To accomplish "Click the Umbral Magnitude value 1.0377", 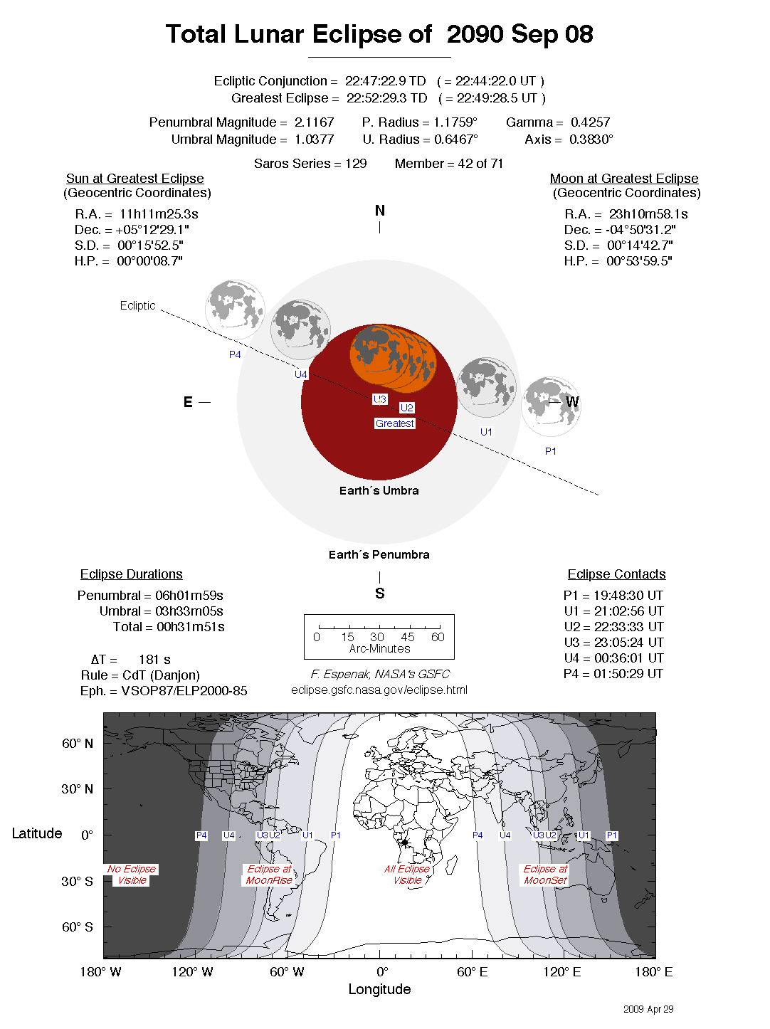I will coord(314,139).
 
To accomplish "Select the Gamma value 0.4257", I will coord(590,122).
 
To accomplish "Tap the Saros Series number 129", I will coord(356,164).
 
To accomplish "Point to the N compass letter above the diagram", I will coord(379,211).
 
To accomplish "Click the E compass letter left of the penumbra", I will coord(188,402).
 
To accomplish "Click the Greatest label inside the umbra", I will coord(394,423).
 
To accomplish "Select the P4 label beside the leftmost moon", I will coord(235,354).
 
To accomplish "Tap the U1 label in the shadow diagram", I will coord(486,432).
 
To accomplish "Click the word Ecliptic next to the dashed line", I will coord(137,305).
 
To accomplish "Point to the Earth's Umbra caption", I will coord(379,490).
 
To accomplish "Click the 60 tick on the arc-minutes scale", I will coord(438,637).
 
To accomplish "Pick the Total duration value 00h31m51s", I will coord(190,627).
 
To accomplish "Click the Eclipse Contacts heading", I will coord(616,574).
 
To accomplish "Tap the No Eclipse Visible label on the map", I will coord(132,875).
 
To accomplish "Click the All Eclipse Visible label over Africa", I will coord(407,875).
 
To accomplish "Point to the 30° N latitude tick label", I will coord(77,789).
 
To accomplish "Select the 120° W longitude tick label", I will coord(192,972).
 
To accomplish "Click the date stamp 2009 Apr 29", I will coord(648,1009).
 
